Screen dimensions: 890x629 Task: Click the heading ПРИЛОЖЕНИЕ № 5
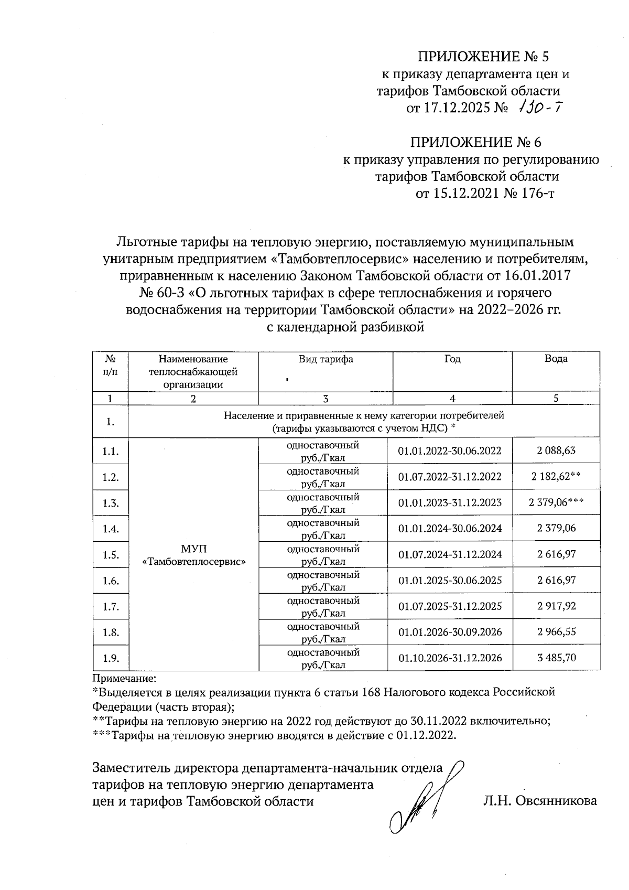click(482, 57)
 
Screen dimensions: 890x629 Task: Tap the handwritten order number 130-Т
click(540, 108)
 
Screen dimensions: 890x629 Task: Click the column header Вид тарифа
click(326, 359)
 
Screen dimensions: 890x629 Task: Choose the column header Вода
click(556, 359)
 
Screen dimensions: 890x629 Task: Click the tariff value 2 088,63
click(556, 451)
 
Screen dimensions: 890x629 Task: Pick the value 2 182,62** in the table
click(556, 477)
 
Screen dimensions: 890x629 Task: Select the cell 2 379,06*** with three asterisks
click(556, 502)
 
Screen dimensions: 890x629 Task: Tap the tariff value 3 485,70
click(556, 658)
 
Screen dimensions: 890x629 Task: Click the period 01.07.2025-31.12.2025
click(450, 606)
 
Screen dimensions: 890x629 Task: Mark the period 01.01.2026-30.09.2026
click(450, 632)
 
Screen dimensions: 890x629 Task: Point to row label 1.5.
click(110, 555)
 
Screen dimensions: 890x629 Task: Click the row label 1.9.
click(110, 658)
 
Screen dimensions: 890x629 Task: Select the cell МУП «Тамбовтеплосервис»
click(194, 555)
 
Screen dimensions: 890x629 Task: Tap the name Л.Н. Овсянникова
click(540, 801)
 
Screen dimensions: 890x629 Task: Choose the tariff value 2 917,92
click(556, 606)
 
